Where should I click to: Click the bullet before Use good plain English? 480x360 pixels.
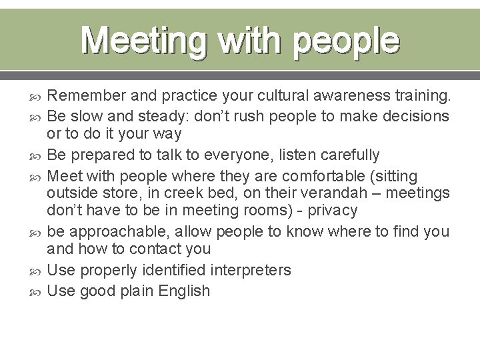point(36,290)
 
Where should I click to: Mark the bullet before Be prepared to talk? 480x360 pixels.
point(36,155)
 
